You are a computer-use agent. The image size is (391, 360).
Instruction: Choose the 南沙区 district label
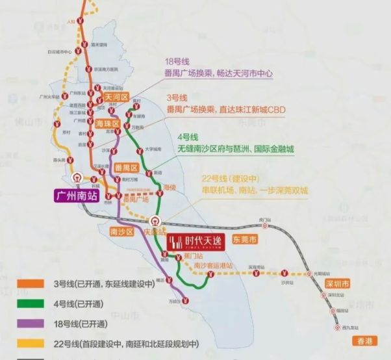121,231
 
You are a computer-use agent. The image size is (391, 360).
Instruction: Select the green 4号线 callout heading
187,138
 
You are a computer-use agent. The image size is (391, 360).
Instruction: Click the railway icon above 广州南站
77,177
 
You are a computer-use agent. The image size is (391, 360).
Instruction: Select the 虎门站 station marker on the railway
264,222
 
